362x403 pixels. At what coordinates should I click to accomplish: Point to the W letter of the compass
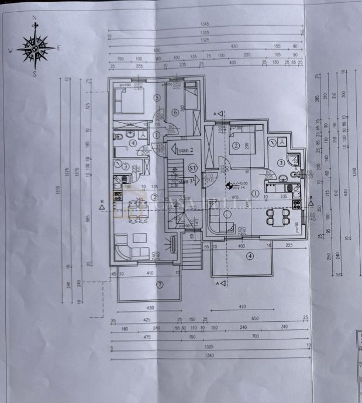[x=10, y=50]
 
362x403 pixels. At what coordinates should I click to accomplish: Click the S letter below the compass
[x=35, y=74]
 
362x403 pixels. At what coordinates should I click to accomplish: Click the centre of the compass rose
[x=35, y=48]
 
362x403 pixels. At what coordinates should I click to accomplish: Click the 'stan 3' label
[x=185, y=182]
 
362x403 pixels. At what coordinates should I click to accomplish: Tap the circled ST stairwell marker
[x=193, y=168]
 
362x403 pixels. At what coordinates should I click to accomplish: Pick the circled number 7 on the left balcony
[x=158, y=284]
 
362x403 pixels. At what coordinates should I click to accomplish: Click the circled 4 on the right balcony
[x=250, y=255]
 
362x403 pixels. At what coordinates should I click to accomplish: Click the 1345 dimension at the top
[x=204, y=24]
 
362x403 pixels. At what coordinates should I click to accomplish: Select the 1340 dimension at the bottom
[x=209, y=355]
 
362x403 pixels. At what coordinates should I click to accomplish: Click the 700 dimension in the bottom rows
[x=255, y=338]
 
